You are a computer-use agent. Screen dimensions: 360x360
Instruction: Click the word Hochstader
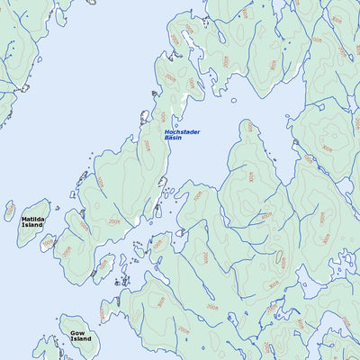(x=183, y=132)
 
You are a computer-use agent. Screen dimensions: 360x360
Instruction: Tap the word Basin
(x=174, y=139)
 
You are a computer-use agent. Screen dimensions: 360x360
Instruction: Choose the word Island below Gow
(x=81, y=339)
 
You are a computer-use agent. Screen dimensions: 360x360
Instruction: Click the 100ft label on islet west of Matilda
(x=10, y=212)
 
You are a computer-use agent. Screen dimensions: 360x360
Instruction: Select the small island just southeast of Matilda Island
(x=49, y=243)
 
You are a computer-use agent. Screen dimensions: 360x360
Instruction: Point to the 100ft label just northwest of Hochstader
(x=163, y=116)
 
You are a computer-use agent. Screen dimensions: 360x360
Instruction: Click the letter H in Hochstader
(x=167, y=132)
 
